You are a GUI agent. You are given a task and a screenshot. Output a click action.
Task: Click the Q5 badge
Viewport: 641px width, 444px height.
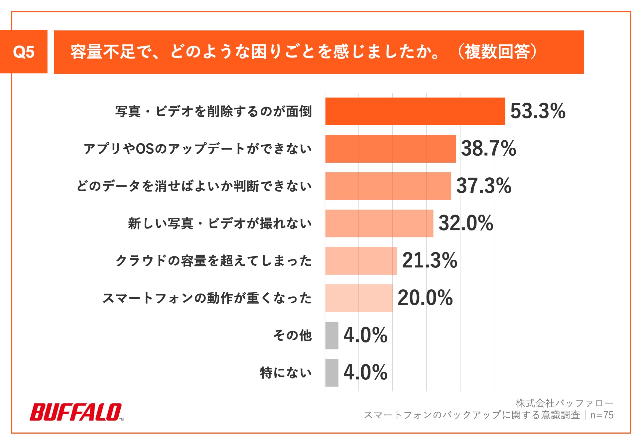coord(24,52)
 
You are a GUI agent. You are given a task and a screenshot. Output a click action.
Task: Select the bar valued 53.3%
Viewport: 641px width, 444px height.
coord(415,111)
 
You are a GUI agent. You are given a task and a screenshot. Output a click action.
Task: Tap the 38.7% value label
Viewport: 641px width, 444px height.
coord(488,149)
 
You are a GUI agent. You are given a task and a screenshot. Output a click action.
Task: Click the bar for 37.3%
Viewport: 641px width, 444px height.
coord(388,186)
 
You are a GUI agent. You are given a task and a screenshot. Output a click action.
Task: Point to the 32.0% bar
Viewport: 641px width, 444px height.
coord(379,223)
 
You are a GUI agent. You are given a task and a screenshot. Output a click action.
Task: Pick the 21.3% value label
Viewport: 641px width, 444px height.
coord(429,261)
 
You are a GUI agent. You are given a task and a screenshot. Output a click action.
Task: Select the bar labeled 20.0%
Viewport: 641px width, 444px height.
coord(359,298)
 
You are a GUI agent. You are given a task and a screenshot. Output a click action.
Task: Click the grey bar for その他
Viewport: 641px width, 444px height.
coord(332,336)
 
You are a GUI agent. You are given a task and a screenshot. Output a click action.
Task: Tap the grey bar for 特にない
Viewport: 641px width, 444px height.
coord(332,373)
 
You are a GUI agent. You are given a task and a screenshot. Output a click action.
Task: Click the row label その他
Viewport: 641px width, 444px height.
coord(292,336)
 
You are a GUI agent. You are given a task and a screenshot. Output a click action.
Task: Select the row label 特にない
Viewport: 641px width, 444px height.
coord(286,373)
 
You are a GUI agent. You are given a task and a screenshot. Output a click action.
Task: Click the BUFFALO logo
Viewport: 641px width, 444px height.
coord(76,412)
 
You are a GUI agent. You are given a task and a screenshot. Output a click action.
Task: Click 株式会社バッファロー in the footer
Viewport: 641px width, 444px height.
coord(564,403)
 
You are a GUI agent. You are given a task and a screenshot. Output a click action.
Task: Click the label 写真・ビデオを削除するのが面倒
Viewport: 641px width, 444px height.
coord(214,111)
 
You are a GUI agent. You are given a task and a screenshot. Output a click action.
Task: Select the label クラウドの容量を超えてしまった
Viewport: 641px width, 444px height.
coord(214,261)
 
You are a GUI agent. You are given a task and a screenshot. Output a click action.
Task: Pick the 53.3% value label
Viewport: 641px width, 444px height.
coord(538,111)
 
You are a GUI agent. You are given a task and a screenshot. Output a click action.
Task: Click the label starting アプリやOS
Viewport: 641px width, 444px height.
coord(197,149)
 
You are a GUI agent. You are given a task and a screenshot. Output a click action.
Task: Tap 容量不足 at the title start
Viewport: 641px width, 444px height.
coord(95,52)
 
